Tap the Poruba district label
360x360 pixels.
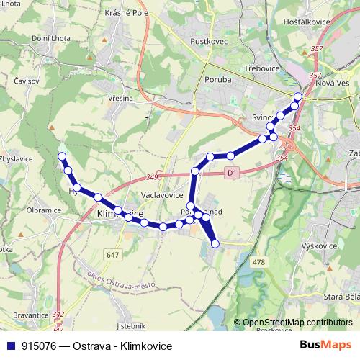tap(217, 80)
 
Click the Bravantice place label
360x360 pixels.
tap(30, 315)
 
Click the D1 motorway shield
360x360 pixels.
tap(230, 173)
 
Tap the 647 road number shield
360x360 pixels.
tap(112, 255)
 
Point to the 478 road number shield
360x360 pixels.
tap(260, 261)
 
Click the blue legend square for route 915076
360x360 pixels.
tap(10, 346)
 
